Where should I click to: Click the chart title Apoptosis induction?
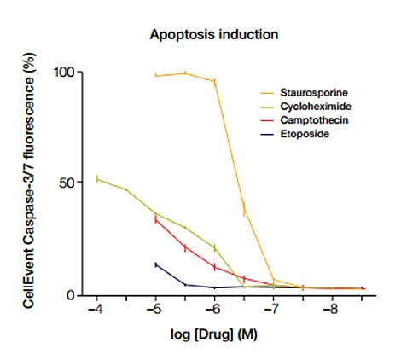point(214,35)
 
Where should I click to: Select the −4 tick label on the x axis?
point(96,309)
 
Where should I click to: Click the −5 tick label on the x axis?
point(154,309)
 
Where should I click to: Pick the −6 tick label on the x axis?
point(213,309)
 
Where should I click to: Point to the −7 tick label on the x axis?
point(272,309)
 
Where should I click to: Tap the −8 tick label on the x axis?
point(331,309)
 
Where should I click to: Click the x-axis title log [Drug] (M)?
point(214,334)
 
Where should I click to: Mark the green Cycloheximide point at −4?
point(97,179)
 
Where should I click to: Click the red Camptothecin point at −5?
point(156,219)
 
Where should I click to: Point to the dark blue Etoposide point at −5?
point(156,264)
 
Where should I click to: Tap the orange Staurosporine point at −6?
point(214,81)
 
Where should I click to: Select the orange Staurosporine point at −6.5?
point(244,209)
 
